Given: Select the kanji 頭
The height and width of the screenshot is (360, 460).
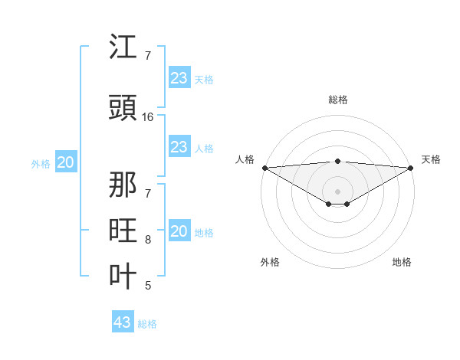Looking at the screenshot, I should point(123,107).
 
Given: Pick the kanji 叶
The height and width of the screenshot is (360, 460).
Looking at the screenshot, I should point(123,277).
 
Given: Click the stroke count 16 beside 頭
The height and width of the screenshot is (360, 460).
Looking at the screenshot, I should point(148,117).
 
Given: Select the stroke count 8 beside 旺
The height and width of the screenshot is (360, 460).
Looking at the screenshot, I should point(148,240).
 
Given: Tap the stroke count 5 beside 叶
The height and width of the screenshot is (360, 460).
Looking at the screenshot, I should point(148,286).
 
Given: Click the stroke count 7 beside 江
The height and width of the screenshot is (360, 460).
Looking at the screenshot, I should point(148,56).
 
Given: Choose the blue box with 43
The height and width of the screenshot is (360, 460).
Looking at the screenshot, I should point(123,322).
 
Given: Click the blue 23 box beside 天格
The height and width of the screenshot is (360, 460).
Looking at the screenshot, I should point(179,78).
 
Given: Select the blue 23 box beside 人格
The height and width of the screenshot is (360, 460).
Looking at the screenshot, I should point(179,147).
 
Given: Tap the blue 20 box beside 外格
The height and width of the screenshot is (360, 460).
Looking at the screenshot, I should point(65,162).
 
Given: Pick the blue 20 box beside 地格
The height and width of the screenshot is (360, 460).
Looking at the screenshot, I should point(179,231).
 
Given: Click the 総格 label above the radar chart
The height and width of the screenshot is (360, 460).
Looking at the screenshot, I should point(337,100).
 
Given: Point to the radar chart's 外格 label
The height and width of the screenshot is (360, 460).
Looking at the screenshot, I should point(270,262).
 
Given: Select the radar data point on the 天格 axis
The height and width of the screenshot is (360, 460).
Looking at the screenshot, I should point(411,167).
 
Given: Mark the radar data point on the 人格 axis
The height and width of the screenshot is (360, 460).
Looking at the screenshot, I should point(264,167).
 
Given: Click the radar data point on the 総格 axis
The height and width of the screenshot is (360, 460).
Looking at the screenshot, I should point(337,161).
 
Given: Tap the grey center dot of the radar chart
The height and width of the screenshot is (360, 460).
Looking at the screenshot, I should point(337,191).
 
